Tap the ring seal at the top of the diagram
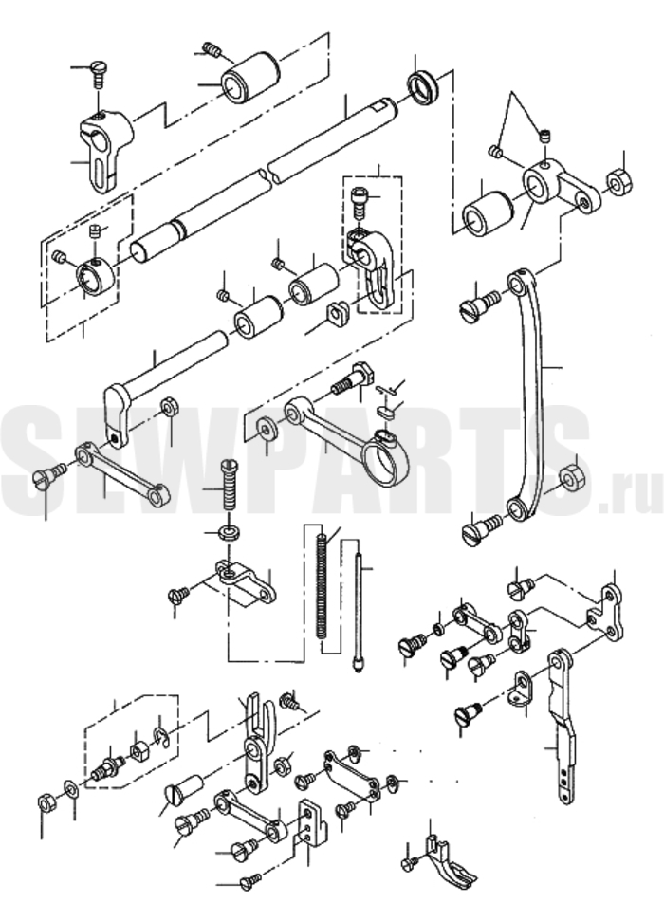(x=422, y=88)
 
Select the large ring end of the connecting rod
(x=385, y=462)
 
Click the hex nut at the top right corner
(x=618, y=181)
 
